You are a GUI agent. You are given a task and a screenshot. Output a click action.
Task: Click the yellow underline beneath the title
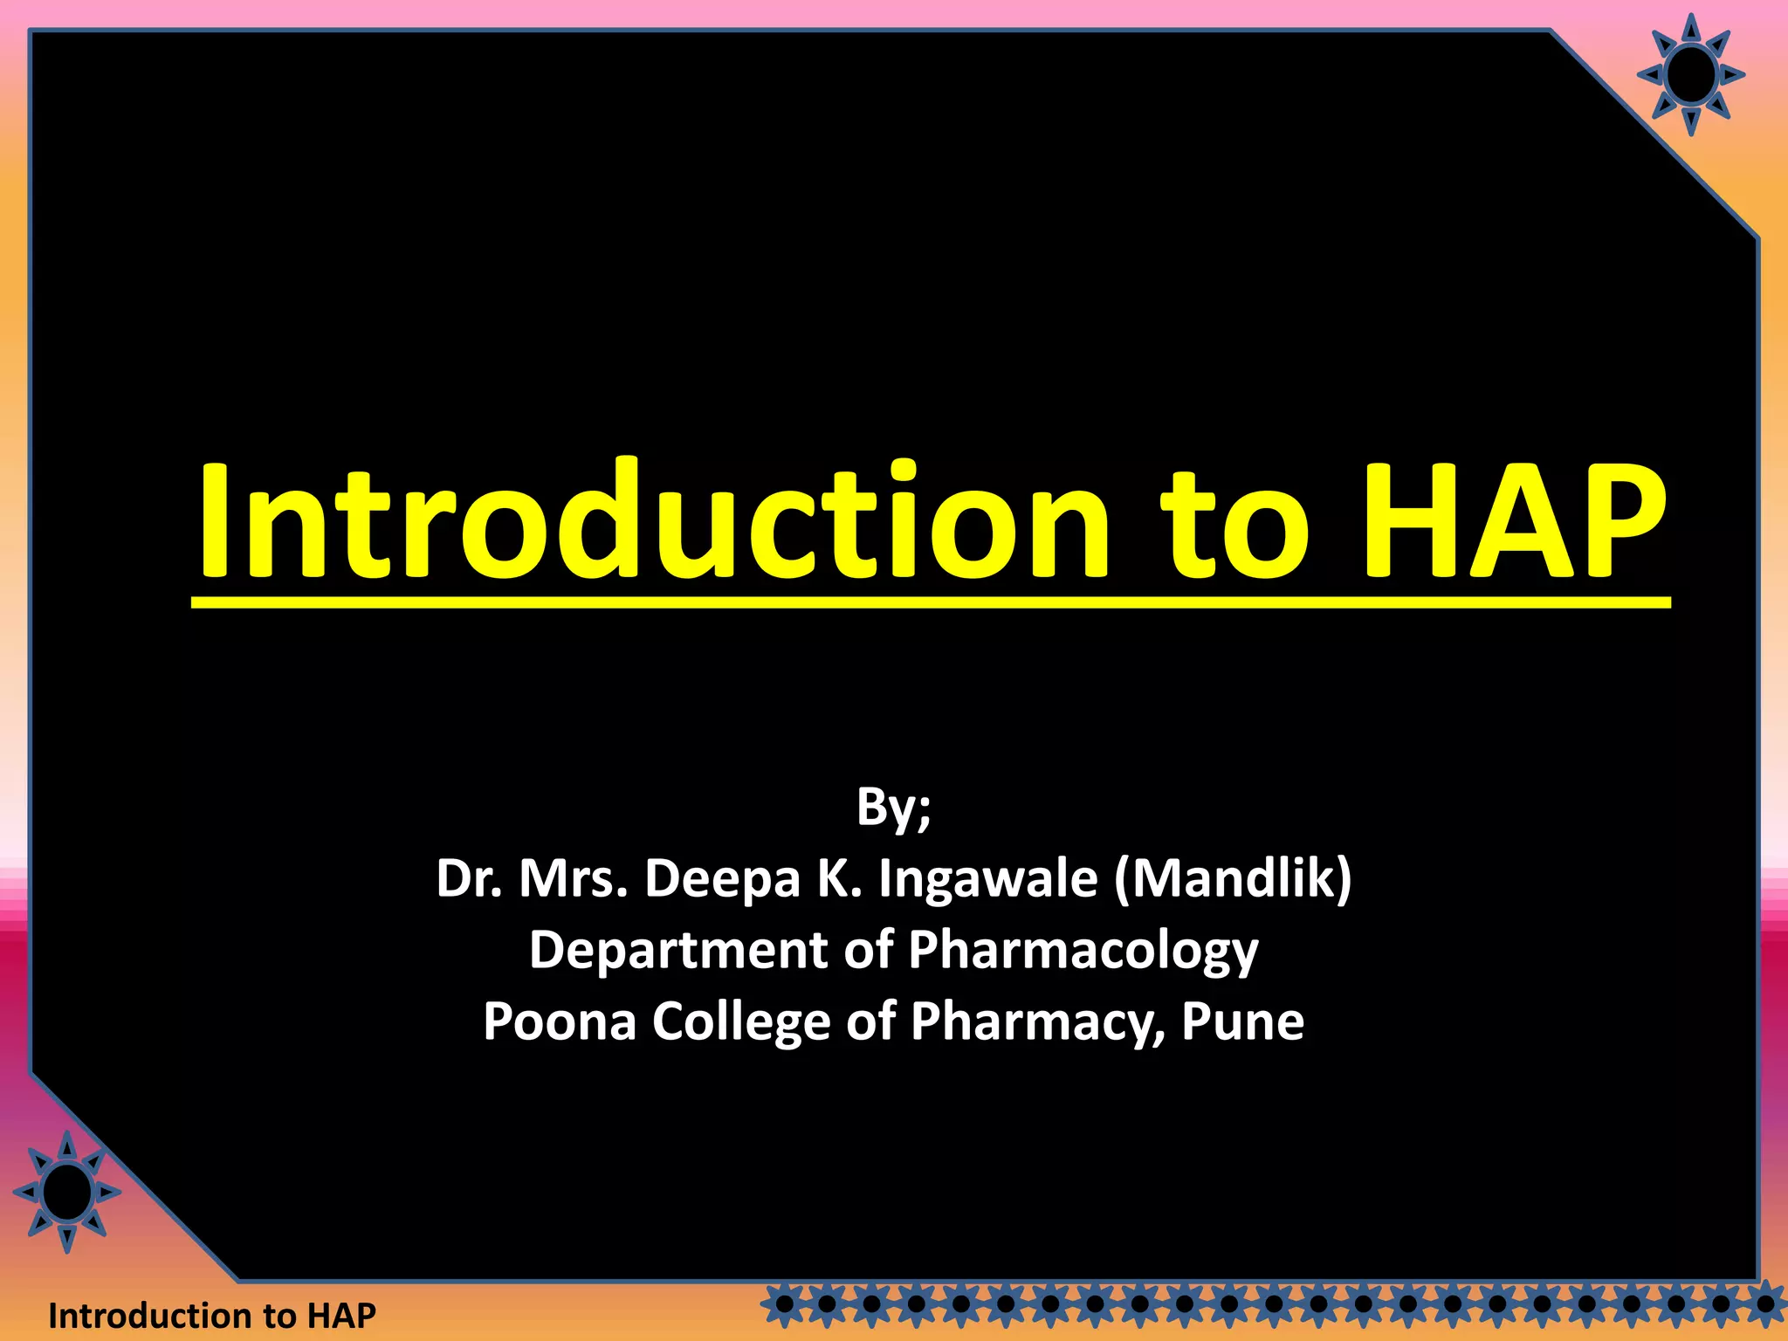click(931, 602)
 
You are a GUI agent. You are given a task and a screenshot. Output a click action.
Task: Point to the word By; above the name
click(893, 808)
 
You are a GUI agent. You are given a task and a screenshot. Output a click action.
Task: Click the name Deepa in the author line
click(722, 878)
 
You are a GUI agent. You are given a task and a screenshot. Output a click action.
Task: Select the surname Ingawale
click(987, 880)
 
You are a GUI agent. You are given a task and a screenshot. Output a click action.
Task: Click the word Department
click(677, 950)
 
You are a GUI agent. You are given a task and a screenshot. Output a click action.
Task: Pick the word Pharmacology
click(1083, 952)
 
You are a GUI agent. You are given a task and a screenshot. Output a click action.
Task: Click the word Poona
click(560, 1021)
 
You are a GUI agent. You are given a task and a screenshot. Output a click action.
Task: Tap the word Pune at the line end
click(1242, 1021)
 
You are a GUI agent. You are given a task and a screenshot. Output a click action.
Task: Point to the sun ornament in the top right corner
click(1690, 75)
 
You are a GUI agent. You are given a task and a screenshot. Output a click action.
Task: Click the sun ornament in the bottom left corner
click(67, 1192)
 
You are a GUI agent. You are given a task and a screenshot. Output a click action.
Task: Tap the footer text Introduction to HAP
click(212, 1315)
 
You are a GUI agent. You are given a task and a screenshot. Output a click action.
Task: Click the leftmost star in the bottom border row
click(784, 1305)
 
